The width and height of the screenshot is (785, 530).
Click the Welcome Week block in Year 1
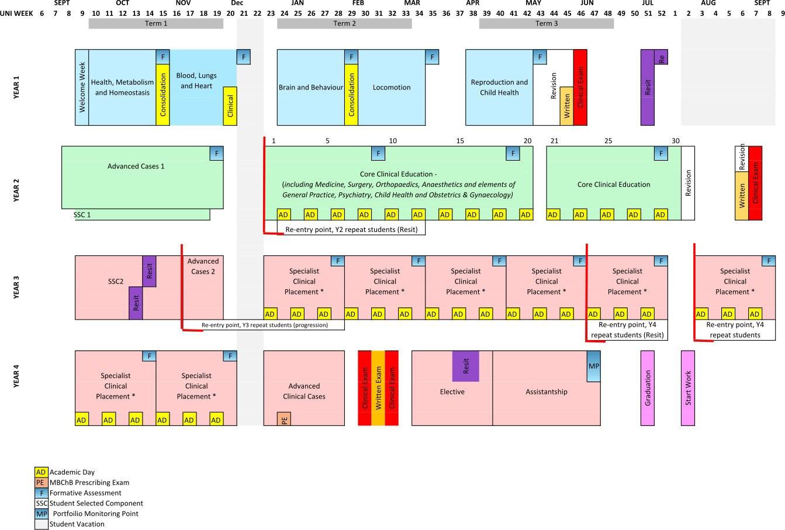click(82, 87)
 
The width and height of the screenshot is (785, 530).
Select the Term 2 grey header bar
click(344, 23)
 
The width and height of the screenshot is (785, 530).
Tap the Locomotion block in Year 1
click(391, 88)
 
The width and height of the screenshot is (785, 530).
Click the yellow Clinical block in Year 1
click(230, 106)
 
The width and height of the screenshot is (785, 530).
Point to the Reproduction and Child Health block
click(499, 88)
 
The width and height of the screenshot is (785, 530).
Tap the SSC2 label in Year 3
click(115, 282)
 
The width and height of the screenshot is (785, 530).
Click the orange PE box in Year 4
click(284, 419)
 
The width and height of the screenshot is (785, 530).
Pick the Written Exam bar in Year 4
click(378, 388)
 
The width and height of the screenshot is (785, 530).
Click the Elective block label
click(452, 392)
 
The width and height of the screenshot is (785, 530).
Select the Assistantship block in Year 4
click(546, 392)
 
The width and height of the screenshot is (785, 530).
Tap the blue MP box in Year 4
click(593, 366)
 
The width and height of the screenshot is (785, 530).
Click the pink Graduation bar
click(647, 388)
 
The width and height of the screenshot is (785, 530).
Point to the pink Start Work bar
click(687, 388)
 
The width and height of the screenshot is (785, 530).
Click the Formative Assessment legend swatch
click(41, 493)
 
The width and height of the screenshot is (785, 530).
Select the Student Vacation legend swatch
click(41, 524)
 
